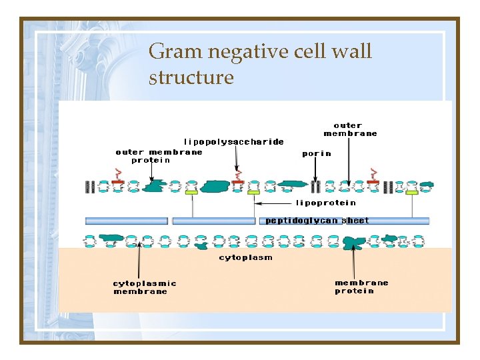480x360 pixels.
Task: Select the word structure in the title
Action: (x=191, y=77)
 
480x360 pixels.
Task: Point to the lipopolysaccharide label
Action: (x=233, y=141)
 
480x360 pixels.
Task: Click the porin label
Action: (x=316, y=153)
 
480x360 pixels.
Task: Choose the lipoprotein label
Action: (x=326, y=203)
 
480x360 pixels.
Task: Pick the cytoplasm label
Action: (x=245, y=257)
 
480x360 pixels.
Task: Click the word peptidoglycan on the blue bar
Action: (x=302, y=221)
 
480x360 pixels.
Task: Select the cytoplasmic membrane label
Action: (x=145, y=287)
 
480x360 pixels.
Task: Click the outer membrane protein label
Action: (x=159, y=155)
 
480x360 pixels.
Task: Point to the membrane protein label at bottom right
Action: (x=361, y=287)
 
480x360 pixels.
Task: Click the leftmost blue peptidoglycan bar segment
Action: (x=126, y=221)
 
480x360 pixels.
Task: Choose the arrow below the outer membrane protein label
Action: (x=152, y=171)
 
